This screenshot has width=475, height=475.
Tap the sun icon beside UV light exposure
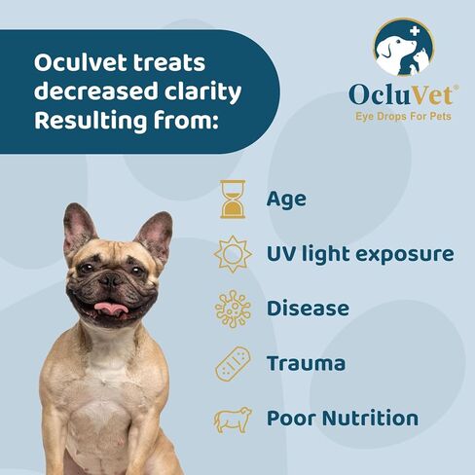tap(233, 255)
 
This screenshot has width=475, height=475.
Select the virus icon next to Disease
tap(233, 310)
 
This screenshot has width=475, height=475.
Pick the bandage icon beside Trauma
tap(233, 364)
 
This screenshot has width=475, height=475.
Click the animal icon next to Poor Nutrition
tap(233, 419)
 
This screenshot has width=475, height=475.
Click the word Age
tap(286, 201)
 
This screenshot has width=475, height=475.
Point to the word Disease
tap(308, 310)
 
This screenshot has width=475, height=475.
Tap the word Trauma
tap(306, 364)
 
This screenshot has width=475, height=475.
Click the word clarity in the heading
tap(199, 95)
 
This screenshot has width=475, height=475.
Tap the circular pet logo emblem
tap(404, 50)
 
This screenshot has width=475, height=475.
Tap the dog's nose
tap(110, 278)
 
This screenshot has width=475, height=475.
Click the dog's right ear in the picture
tap(155, 234)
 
